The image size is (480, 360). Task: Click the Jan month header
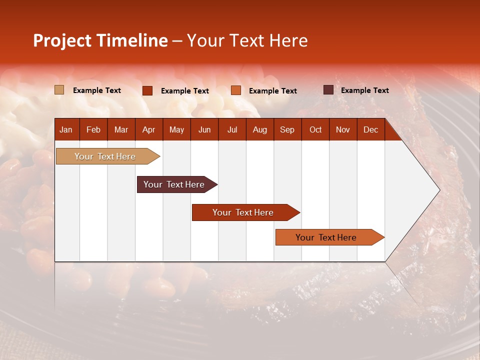pyautogui.click(x=66, y=129)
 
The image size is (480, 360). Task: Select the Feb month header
pyautogui.click(x=93, y=129)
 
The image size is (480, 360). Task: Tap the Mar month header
pyautogui.click(x=121, y=129)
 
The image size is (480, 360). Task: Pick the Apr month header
pyautogui.click(x=148, y=129)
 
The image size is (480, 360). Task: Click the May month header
pyautogui.click(x=176, y=129)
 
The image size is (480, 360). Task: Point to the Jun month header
pyautogui.click(x=204, y=129)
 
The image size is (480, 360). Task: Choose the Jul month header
pyautogui.click(x=232, y=129)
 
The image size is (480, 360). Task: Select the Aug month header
pyautogui.click(x=259, y=129)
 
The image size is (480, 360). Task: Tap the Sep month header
pyautogui.click(x=287, y=129)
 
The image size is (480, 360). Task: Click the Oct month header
pyautogui.click(x=315, y=129)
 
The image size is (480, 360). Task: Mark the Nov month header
pyautogui.click(x=343, y=129)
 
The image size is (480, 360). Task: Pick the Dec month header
pyautogui.click(x=370, y=129)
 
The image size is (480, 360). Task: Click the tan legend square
pyautogui.click(x=59, y=90)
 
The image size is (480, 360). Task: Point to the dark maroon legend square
pyautogui.click(x=328, y=90)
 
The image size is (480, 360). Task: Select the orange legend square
pyautogui.click(x=236, y=90)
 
